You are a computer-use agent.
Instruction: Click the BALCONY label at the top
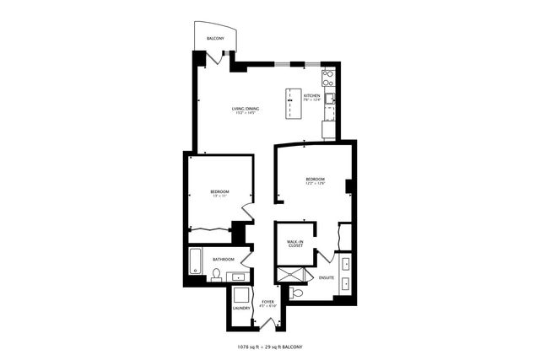click(215, 39)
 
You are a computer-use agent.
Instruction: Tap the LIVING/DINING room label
click(246, 109)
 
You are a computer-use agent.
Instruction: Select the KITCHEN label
click(312, 98)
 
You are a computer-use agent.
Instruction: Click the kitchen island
click(292, 103)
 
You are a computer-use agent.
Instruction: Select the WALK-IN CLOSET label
click(295, 244)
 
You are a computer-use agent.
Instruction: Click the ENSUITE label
click(327, 277)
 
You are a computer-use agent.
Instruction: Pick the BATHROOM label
click(224, 260)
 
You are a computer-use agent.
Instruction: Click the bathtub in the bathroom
click(196, 262)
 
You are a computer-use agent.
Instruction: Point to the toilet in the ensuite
click(295, 293)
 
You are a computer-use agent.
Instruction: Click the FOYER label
click(268, 303)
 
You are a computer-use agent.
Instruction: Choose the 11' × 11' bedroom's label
click(220, 194)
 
